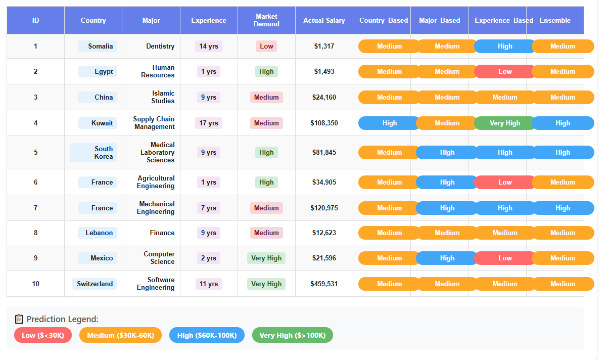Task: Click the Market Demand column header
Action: pos(266,20)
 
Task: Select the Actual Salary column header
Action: pos(324,21)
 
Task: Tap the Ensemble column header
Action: pos(555,21)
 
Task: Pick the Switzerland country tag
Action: pos(95,284)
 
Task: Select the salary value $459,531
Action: pos(324,284)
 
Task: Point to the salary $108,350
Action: pos(324,123)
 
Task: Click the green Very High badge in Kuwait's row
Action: pos(504,123)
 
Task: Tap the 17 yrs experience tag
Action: pos(209,123)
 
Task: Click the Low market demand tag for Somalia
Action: pos(266,47)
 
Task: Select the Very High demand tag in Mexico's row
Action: pos(266,258)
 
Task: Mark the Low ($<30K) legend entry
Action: pos(43,335)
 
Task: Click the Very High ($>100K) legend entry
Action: pos(292,335)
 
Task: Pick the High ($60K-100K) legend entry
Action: pos(207,335)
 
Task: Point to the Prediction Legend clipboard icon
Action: pos(19,319)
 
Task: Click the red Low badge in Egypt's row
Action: pos(504,71)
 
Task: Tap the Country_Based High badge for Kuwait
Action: pos(389,123)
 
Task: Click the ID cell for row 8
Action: pos(35,233)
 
